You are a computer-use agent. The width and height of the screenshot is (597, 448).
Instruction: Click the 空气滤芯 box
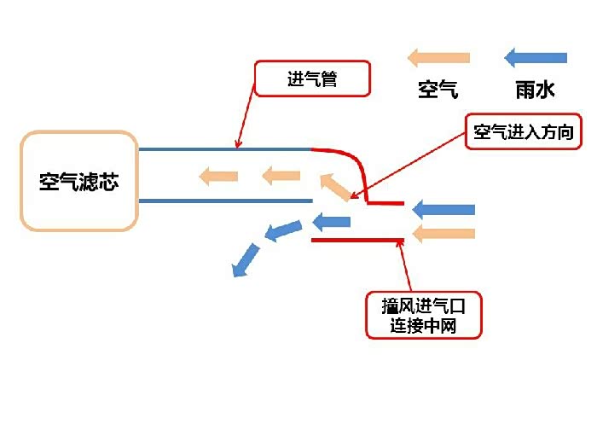point(78,181)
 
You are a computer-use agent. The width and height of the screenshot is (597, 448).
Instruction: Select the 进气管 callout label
point(312,79)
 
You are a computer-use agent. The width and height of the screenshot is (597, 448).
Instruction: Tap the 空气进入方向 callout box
point(528,132)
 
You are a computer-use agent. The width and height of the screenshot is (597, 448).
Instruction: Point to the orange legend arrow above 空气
point(438,58)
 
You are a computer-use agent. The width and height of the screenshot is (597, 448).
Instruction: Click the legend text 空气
point(438,89)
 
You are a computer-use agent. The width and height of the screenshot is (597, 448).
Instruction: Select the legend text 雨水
point(536,89)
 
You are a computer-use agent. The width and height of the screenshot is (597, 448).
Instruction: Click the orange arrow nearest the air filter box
point(218,177)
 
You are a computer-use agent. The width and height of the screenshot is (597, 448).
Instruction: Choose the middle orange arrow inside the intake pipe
point(281,177)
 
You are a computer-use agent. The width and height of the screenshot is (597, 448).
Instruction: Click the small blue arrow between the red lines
point(332,222)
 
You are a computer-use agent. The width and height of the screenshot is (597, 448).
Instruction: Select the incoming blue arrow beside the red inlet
point(443,209)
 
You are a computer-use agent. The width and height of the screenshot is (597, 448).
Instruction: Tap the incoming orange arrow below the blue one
point(443,233)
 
